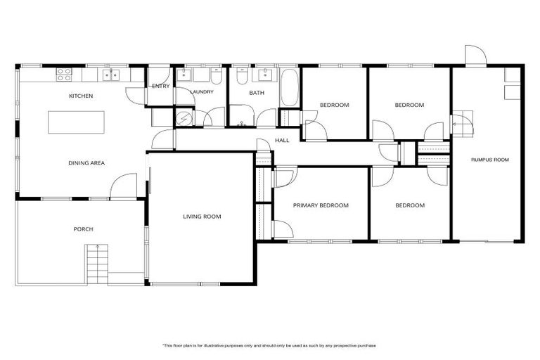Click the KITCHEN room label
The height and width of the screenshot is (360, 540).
click(81, 96)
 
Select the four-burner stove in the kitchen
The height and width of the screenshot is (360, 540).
click(63, 72)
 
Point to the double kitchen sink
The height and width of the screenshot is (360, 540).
click(112, 73)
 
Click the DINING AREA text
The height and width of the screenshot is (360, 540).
click(86, 163)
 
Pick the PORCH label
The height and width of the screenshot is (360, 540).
click(84, 229)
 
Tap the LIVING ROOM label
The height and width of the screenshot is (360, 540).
click(202, 217)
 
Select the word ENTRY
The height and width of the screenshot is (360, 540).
click(160, 86)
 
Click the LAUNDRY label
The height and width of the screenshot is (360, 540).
click(203, 91)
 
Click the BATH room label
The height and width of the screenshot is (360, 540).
click(256, 92)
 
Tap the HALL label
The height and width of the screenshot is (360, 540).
click(282, 141)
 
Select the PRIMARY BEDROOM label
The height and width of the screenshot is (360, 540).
click(321, 205)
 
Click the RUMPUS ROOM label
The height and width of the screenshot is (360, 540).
click(489, 160)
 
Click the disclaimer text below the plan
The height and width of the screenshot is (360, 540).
click(270, 346)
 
